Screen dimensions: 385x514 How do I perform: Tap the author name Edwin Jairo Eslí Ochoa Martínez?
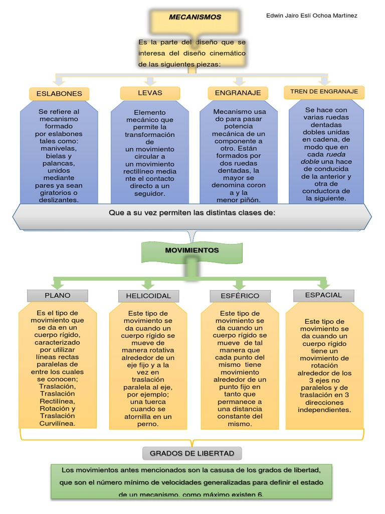click(311, 16)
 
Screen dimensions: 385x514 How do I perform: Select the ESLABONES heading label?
click(59, 94)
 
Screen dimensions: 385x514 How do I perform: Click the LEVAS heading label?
click(150, 93)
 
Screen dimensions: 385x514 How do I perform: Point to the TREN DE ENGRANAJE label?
click(324, 92)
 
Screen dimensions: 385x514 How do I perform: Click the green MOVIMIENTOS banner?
click(192, 250)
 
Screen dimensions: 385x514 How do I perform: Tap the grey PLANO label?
click(58, 295)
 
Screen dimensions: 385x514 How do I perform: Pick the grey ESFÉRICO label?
click(240, 296)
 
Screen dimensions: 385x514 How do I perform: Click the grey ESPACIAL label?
click(323, 295)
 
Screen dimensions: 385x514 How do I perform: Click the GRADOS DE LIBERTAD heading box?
click(192, 453)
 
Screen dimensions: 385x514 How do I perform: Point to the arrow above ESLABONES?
click(59, 80)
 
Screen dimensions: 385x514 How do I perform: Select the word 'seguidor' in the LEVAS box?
click(149, 193)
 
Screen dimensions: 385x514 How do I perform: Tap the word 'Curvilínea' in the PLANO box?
click(57, 423)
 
